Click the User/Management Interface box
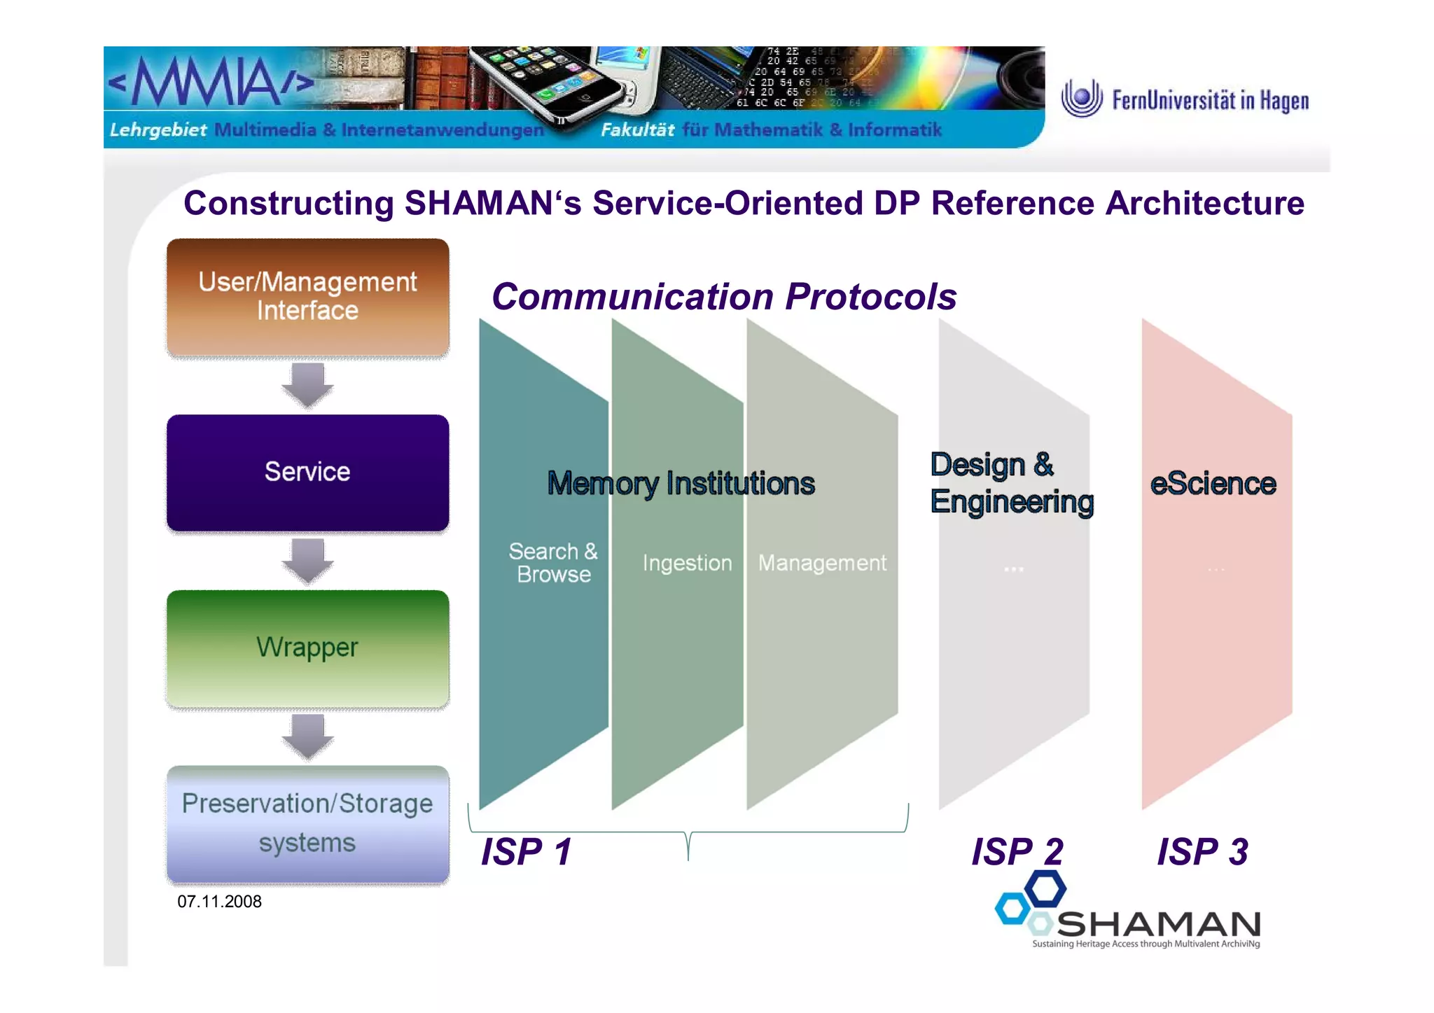(x=307, y=297)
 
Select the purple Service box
(x=307, y=473)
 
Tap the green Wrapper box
(x=307, y=648)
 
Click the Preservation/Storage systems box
(x=307, y=824)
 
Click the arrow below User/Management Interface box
(x=307, y=385)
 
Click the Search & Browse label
(x=553, y=563)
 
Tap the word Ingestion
(x=687, y=564)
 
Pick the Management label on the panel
(x=822, y=564)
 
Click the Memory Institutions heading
(x=681, y=484)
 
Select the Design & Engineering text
(x=1011, y=484)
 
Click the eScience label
(x=1213, y=484)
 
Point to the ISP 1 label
(x=526, y=852)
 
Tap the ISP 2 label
(x=1017, y=852)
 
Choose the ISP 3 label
(x=1202, y=852)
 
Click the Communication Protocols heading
(x=724, y=297)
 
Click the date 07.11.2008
(x=219, y=902)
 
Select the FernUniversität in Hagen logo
(x=1185, y=99)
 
